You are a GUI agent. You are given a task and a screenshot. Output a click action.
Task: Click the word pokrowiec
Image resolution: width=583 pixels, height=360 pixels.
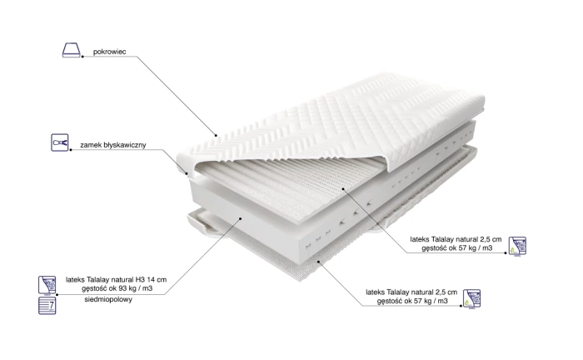click(109, 52)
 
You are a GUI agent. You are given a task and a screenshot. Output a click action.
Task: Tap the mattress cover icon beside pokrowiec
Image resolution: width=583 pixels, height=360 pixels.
click(71, 50)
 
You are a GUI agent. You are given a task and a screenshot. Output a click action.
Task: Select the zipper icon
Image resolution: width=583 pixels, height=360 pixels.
click(59, 142)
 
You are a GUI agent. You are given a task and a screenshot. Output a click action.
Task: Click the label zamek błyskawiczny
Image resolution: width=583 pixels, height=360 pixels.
click(113, 145)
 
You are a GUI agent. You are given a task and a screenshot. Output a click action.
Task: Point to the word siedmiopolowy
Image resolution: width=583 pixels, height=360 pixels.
click(108, 299)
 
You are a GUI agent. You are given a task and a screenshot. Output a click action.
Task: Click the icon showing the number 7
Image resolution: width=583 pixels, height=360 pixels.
click(47, 305)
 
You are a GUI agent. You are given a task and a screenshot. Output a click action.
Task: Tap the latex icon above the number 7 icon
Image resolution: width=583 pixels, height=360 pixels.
click(47, 285)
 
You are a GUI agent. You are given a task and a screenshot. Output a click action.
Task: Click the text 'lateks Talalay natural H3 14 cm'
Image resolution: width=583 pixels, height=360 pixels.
click(116, 279)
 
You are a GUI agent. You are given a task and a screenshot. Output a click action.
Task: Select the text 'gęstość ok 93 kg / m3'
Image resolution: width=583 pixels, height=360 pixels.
click(117, 288)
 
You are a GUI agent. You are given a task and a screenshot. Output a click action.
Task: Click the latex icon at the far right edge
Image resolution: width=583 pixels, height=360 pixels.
click(517, 246)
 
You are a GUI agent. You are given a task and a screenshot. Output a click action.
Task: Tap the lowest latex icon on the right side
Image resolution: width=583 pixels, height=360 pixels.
click(471, 298)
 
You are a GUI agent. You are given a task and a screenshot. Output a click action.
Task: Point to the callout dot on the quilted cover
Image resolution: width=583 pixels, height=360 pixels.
click(216, 135)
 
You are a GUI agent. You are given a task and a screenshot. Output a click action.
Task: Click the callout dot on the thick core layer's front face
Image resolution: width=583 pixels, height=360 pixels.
click(241, 218)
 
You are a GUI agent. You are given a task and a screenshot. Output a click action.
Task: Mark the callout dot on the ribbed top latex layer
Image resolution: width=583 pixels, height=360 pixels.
click(344, 188)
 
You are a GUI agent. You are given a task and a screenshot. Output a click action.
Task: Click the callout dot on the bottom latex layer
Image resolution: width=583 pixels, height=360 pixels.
click(319, 262)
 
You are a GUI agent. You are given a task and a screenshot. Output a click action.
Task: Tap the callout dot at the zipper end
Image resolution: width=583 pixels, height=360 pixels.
click(187, 172)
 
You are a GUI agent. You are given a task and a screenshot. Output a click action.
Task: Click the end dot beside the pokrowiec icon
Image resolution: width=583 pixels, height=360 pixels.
click(82, 57)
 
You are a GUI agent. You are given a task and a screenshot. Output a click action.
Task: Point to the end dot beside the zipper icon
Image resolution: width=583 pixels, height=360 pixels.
click(71, 150)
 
